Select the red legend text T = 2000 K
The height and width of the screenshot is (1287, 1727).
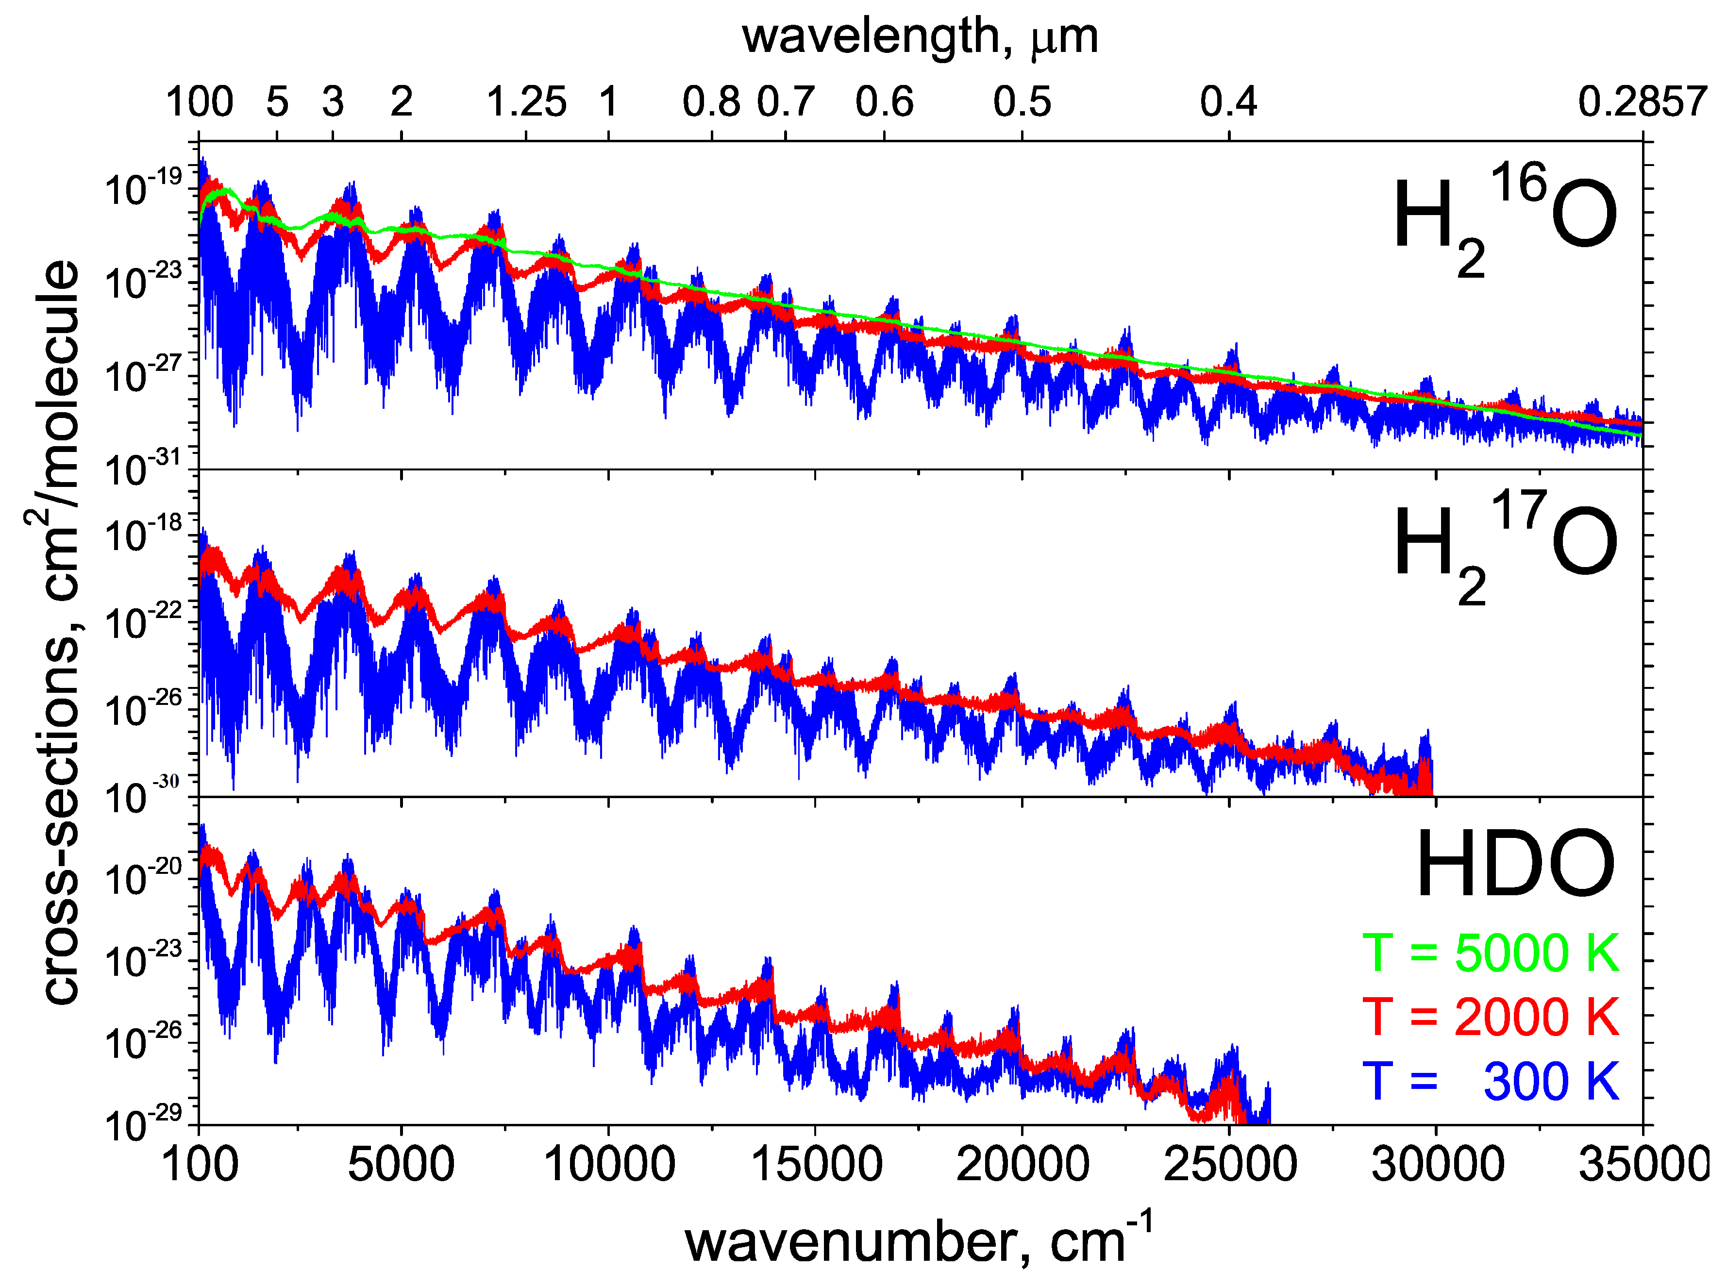click(1490, 1016)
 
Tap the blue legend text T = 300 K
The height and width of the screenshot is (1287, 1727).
click(1490, 1081)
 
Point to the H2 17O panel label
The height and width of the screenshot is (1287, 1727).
click(1504, 545)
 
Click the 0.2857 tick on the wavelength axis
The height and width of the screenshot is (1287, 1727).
click(1642, 102)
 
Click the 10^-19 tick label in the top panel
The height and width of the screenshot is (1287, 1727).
click(143, 187)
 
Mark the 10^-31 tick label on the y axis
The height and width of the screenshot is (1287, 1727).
click(143, 468)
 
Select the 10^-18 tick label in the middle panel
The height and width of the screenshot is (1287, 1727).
click(143, 534)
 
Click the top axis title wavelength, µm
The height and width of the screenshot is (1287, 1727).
click(919, 36)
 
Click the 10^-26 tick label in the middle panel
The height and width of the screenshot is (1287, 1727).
click(143, 709)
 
